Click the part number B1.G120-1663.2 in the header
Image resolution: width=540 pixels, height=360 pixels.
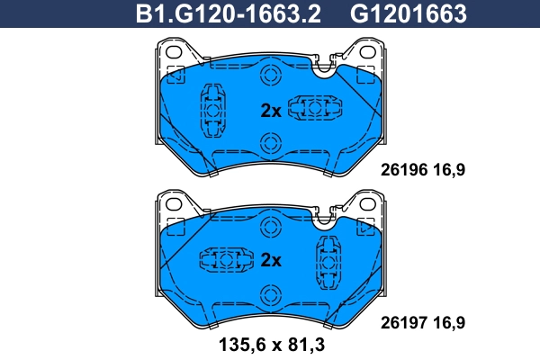click(x=229, y=13)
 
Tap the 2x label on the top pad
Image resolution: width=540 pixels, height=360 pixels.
click(x=271, y=111)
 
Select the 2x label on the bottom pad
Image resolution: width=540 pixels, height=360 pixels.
click(x=271, y=261)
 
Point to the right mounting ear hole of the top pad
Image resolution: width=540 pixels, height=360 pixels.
click(x=368, y=54)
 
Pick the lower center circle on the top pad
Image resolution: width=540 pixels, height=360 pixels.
click(x=270, y=141)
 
